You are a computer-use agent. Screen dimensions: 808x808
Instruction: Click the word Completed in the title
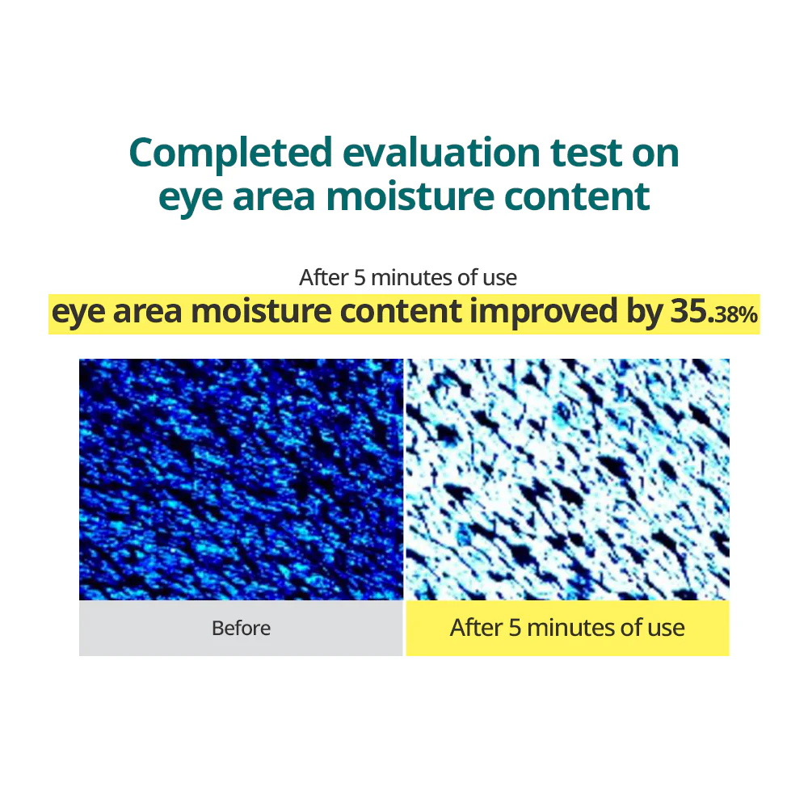(x=230, y=154)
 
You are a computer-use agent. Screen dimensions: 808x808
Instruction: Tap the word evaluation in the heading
(x=442, y=153)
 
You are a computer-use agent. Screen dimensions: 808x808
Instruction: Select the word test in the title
(x=587, y=154)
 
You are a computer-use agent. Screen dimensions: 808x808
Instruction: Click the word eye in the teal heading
(x=190, y=198)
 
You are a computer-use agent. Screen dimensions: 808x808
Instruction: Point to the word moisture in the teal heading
(x=410, y=196)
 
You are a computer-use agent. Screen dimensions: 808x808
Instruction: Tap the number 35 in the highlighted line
(x=689, y=311)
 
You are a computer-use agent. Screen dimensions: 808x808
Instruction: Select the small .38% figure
(x=734, y=314)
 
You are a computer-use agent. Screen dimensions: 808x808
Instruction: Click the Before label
(x=241, y=628)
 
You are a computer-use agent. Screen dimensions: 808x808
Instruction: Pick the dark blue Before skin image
(x=241, y=479)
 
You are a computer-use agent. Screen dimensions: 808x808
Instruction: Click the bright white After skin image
(x=567, y=479)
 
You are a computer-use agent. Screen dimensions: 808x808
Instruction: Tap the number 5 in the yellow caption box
(x=515, y=628)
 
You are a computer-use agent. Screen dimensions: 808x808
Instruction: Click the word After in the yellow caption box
(x=476, y=628)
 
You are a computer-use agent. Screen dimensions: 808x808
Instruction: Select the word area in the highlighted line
(x=147, y=312)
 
